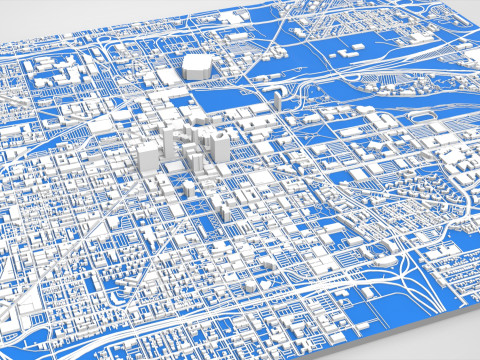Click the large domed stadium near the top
(196, 66)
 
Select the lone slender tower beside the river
(276, 97)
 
